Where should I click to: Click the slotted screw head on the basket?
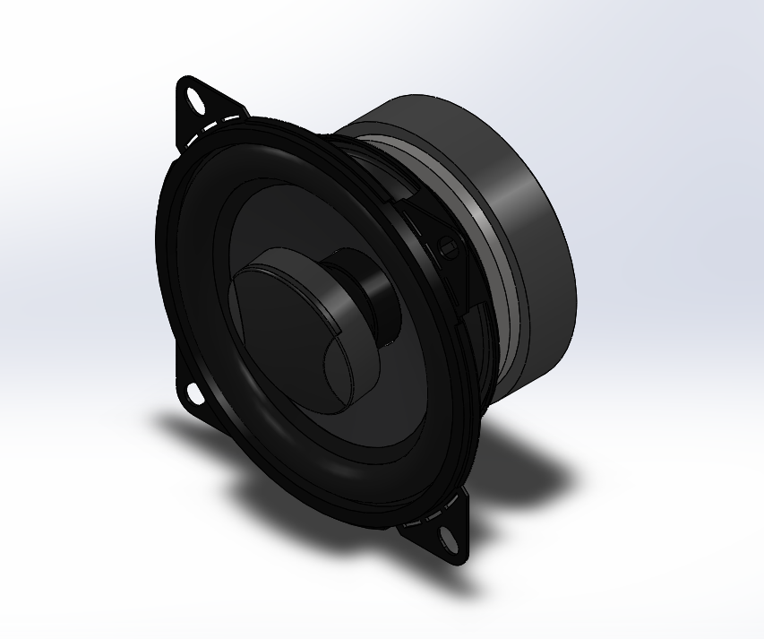coord(450,246)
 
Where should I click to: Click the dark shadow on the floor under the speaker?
coord(269,466)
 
